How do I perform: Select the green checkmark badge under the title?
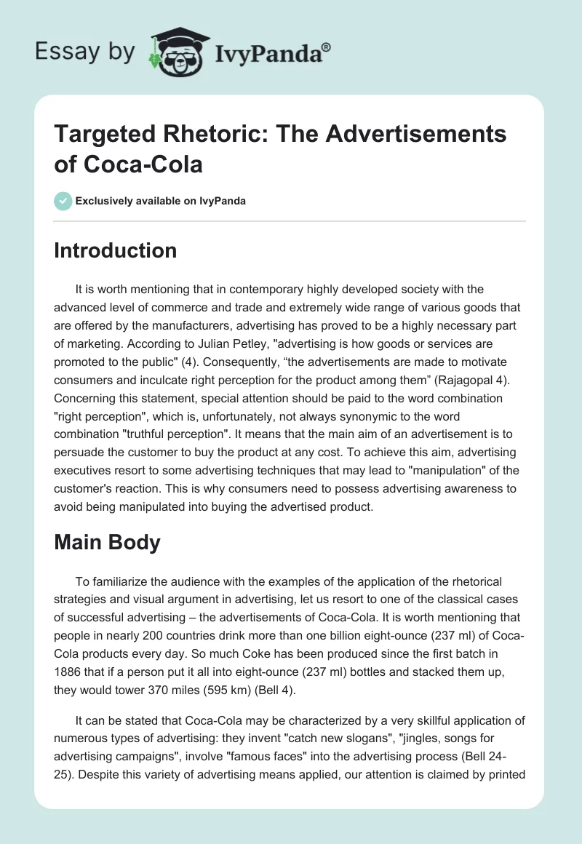click(x=63, y=201)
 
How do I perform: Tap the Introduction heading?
click(x=116, y=250)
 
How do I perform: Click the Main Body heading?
click(x=108, y=544)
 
